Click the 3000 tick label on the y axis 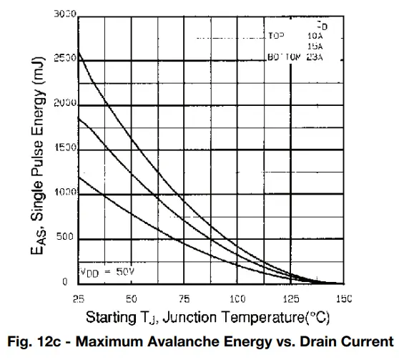tap(64, 15)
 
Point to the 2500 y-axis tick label tap(64, 60)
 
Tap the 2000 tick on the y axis tap(64, 104)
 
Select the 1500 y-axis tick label tap(64, 149)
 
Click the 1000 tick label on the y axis tap(64, 193)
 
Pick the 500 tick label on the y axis tap(66, 238)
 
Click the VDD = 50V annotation tap(105, 272)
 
